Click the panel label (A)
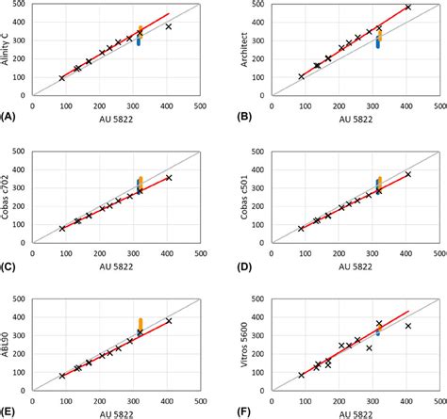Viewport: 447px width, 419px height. [x=9, y=117]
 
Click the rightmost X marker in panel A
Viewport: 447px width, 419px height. [x=169, y=26]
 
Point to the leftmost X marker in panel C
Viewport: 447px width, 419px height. [x=62, y=228]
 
